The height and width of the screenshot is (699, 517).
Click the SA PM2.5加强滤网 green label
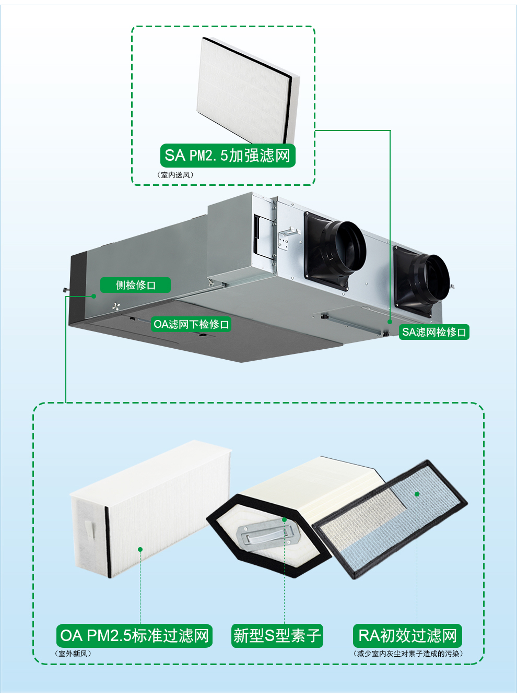pos(227,156)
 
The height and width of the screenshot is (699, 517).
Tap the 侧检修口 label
pos(136,285)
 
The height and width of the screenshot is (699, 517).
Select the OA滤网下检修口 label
pos(191,324)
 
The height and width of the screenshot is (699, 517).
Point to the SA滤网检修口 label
pos(434,332)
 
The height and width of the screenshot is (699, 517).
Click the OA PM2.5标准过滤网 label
pos(134,636)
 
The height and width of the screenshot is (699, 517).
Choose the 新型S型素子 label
pos(277,636)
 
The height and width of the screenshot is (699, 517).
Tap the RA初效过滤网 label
pos(407,636)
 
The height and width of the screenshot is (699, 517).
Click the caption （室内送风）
pos(175,175)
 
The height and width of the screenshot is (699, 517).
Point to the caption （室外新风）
pos(73,654)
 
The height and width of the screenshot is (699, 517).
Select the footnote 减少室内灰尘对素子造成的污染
pos(408,654)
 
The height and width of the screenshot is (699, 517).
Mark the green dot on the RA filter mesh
pos(417,494)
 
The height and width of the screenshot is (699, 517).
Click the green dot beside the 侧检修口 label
pos(94,296)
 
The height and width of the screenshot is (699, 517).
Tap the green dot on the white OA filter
pos(140,549)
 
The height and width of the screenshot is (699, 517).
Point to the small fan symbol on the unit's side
pos(116,306)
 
